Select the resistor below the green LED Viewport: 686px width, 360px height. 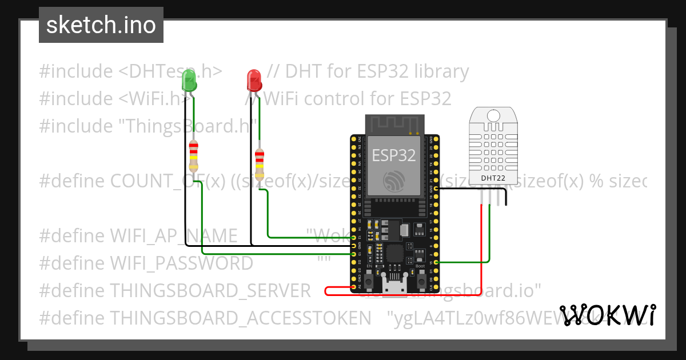coord(194,157)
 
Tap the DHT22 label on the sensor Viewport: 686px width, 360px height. coord(492,178)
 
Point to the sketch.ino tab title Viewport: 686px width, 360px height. coord(101,25)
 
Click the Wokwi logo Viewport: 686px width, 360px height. coord(608,315)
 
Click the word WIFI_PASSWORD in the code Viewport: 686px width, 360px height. coord(181,263)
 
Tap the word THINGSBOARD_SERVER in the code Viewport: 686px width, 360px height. coord(210,290)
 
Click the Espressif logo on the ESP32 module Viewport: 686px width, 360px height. coord(394,180)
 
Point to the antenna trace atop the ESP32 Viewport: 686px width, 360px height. coord(394,123)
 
